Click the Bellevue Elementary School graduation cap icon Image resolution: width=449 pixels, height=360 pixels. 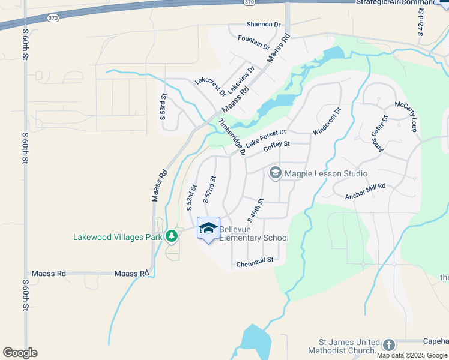pyautogui.click(x=208, y=229)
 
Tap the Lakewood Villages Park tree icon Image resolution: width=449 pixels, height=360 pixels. pyautogui.click(x=172, y=236)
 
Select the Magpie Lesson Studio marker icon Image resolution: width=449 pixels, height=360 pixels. pyautogui.click(x=276, y=173)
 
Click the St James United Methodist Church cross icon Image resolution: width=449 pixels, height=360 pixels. pyautogui.click(x=389, y=345)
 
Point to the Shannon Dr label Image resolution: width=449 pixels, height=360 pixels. pyautogui.click(x=264, y=25)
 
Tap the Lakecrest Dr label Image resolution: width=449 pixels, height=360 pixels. pyautogui.click(x=210, y=87)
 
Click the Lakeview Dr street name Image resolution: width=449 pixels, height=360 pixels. pyautogui.click(x=241, y=79)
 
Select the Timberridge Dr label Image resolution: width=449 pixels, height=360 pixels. pyautogui.click(x=232, y=137)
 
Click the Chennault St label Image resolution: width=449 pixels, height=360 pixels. pyautogui.click(x=255, y=260)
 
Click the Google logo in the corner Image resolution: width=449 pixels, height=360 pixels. pyautogui.click(x=20, y=352)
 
